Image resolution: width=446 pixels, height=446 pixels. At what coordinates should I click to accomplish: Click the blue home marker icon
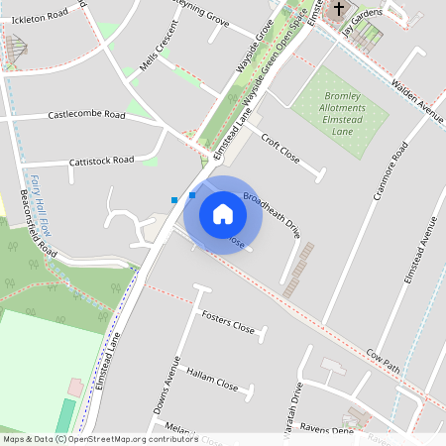(x=223, y=214)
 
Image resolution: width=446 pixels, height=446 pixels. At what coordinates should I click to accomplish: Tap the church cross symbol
(x=339, y=10)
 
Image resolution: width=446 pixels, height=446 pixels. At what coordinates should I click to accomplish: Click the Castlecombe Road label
(x=87, y=116)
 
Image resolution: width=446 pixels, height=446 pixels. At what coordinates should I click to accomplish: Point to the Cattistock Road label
(x=101, y=160)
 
